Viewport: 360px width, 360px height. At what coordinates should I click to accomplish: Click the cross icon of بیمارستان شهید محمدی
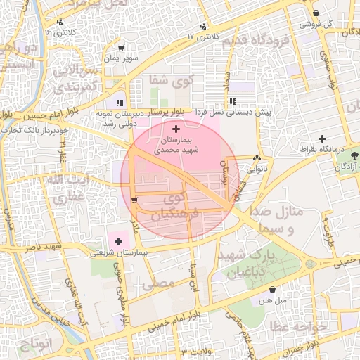pyautogui.click(x=175, y=129)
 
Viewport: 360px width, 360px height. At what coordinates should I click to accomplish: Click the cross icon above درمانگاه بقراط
pyautogui.click(x=323, y=139)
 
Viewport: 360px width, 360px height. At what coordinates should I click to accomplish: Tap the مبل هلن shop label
pyautogui.click(x=272, y=300)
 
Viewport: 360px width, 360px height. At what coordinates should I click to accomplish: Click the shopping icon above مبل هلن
pyautogui.click(x=272, y=289)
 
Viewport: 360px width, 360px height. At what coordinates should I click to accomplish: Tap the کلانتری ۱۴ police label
pyautogui.click(x=60, y=32)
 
